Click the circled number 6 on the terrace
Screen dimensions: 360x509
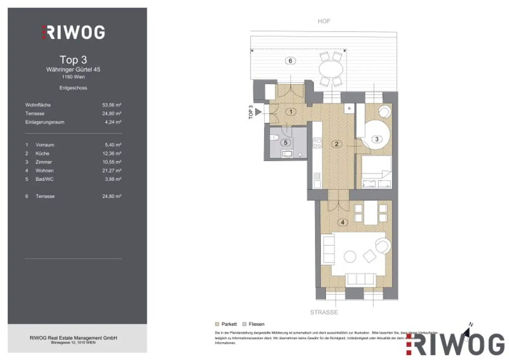(x=290, y=61)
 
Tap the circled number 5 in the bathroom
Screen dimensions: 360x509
(x=286, y=143)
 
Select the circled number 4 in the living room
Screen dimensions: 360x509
(x=343, y=222)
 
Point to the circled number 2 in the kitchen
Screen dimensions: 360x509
(x=337, y=144)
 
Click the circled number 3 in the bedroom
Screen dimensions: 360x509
(x=377, y=139)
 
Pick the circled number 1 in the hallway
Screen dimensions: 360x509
(x=291, y=112)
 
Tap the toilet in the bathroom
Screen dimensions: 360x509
(x=274, y=137)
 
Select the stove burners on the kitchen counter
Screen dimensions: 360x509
(x=317, y=143)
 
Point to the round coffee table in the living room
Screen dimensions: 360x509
(x=350, y=257)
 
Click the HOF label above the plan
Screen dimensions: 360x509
(x=324, y=21)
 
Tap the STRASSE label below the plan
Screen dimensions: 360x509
(x=324, y=312)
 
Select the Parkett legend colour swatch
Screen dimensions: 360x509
(x=217, y=324)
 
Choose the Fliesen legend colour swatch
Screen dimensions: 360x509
(x=245, y=324)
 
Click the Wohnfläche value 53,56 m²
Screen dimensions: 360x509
(x=112, y=105)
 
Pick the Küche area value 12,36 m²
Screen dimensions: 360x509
(x=112, y=153)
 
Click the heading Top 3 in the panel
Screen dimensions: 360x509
(x=73, y=60)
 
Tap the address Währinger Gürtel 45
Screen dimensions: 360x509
(x=73, y=70)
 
